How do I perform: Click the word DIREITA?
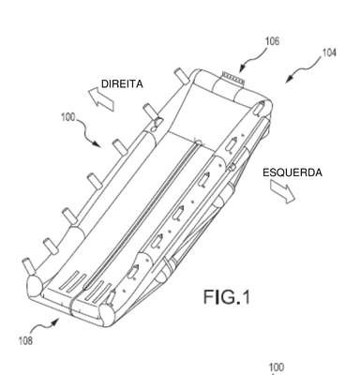pos(122,84)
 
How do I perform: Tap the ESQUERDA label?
pos(292,172)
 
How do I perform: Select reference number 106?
pos(272,41)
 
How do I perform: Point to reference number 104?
pos(329,52)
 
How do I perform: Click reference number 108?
pos(25,340)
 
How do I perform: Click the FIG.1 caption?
pos(227,297)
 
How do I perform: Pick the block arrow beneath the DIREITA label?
pos(101,98)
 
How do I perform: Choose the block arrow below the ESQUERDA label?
pos(282,192)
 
